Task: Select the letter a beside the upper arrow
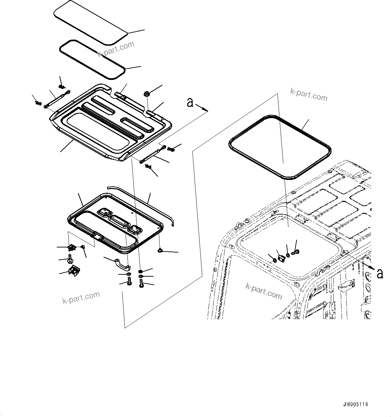(x=190, y=102)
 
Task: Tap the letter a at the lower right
(x=380, y=274)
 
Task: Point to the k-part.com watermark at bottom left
(x=81, y=297)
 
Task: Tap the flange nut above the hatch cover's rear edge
(x=147, y=93)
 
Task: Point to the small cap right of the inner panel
(x=160, y=250)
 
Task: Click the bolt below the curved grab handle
(x=129, y=283)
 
